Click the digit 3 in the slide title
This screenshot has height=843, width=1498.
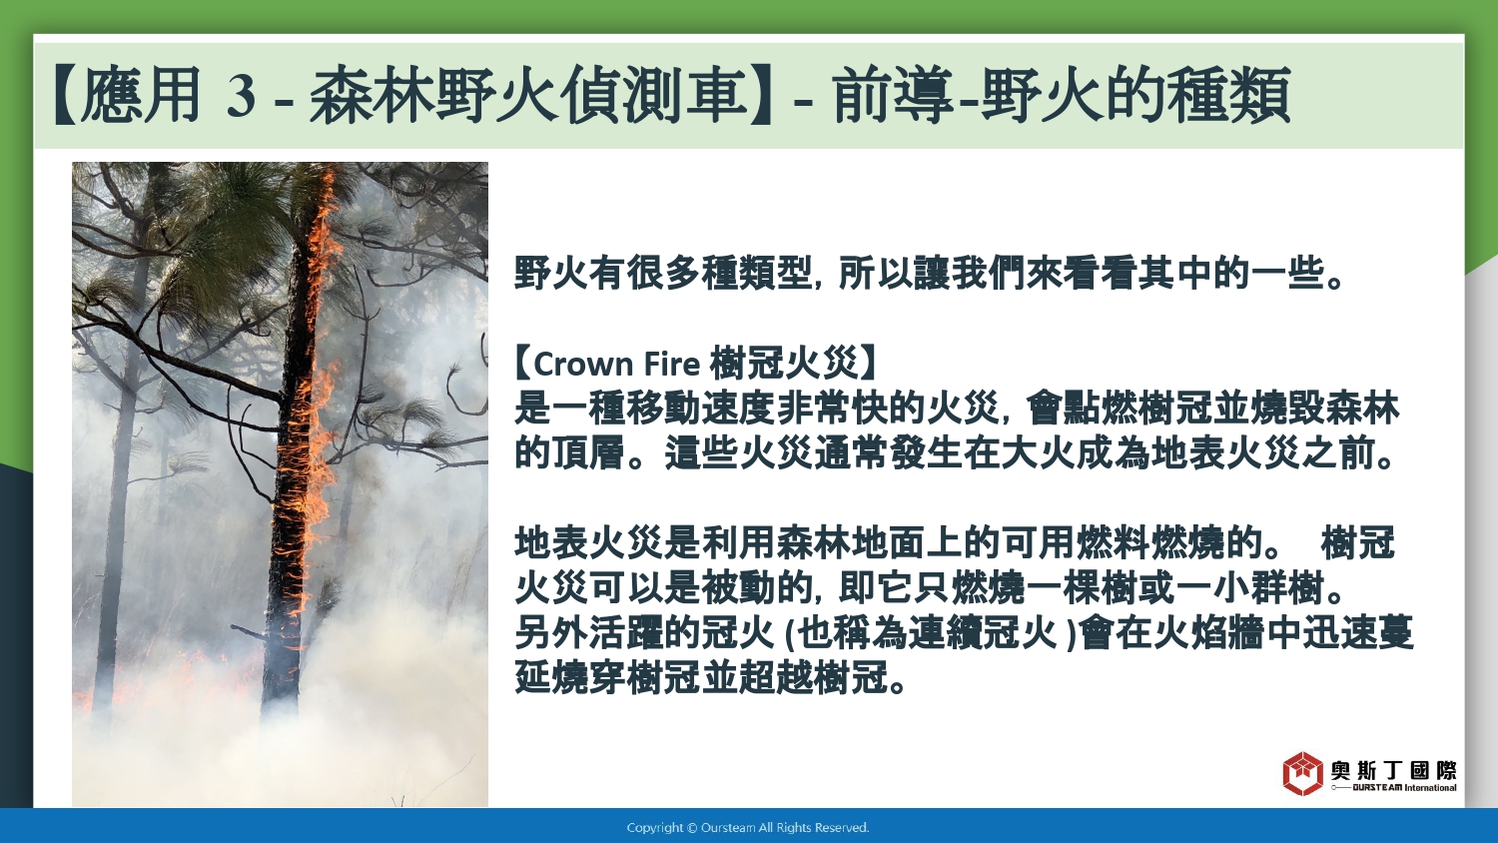pos(241,95)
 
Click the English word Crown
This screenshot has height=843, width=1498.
pos(583,365)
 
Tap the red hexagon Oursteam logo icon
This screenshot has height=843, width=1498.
pos(1302,773)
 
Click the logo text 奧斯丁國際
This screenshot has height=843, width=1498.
pos(1394,771)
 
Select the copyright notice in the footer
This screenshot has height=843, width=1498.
pos(748,828)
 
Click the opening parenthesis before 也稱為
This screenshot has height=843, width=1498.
pos(788,633)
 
